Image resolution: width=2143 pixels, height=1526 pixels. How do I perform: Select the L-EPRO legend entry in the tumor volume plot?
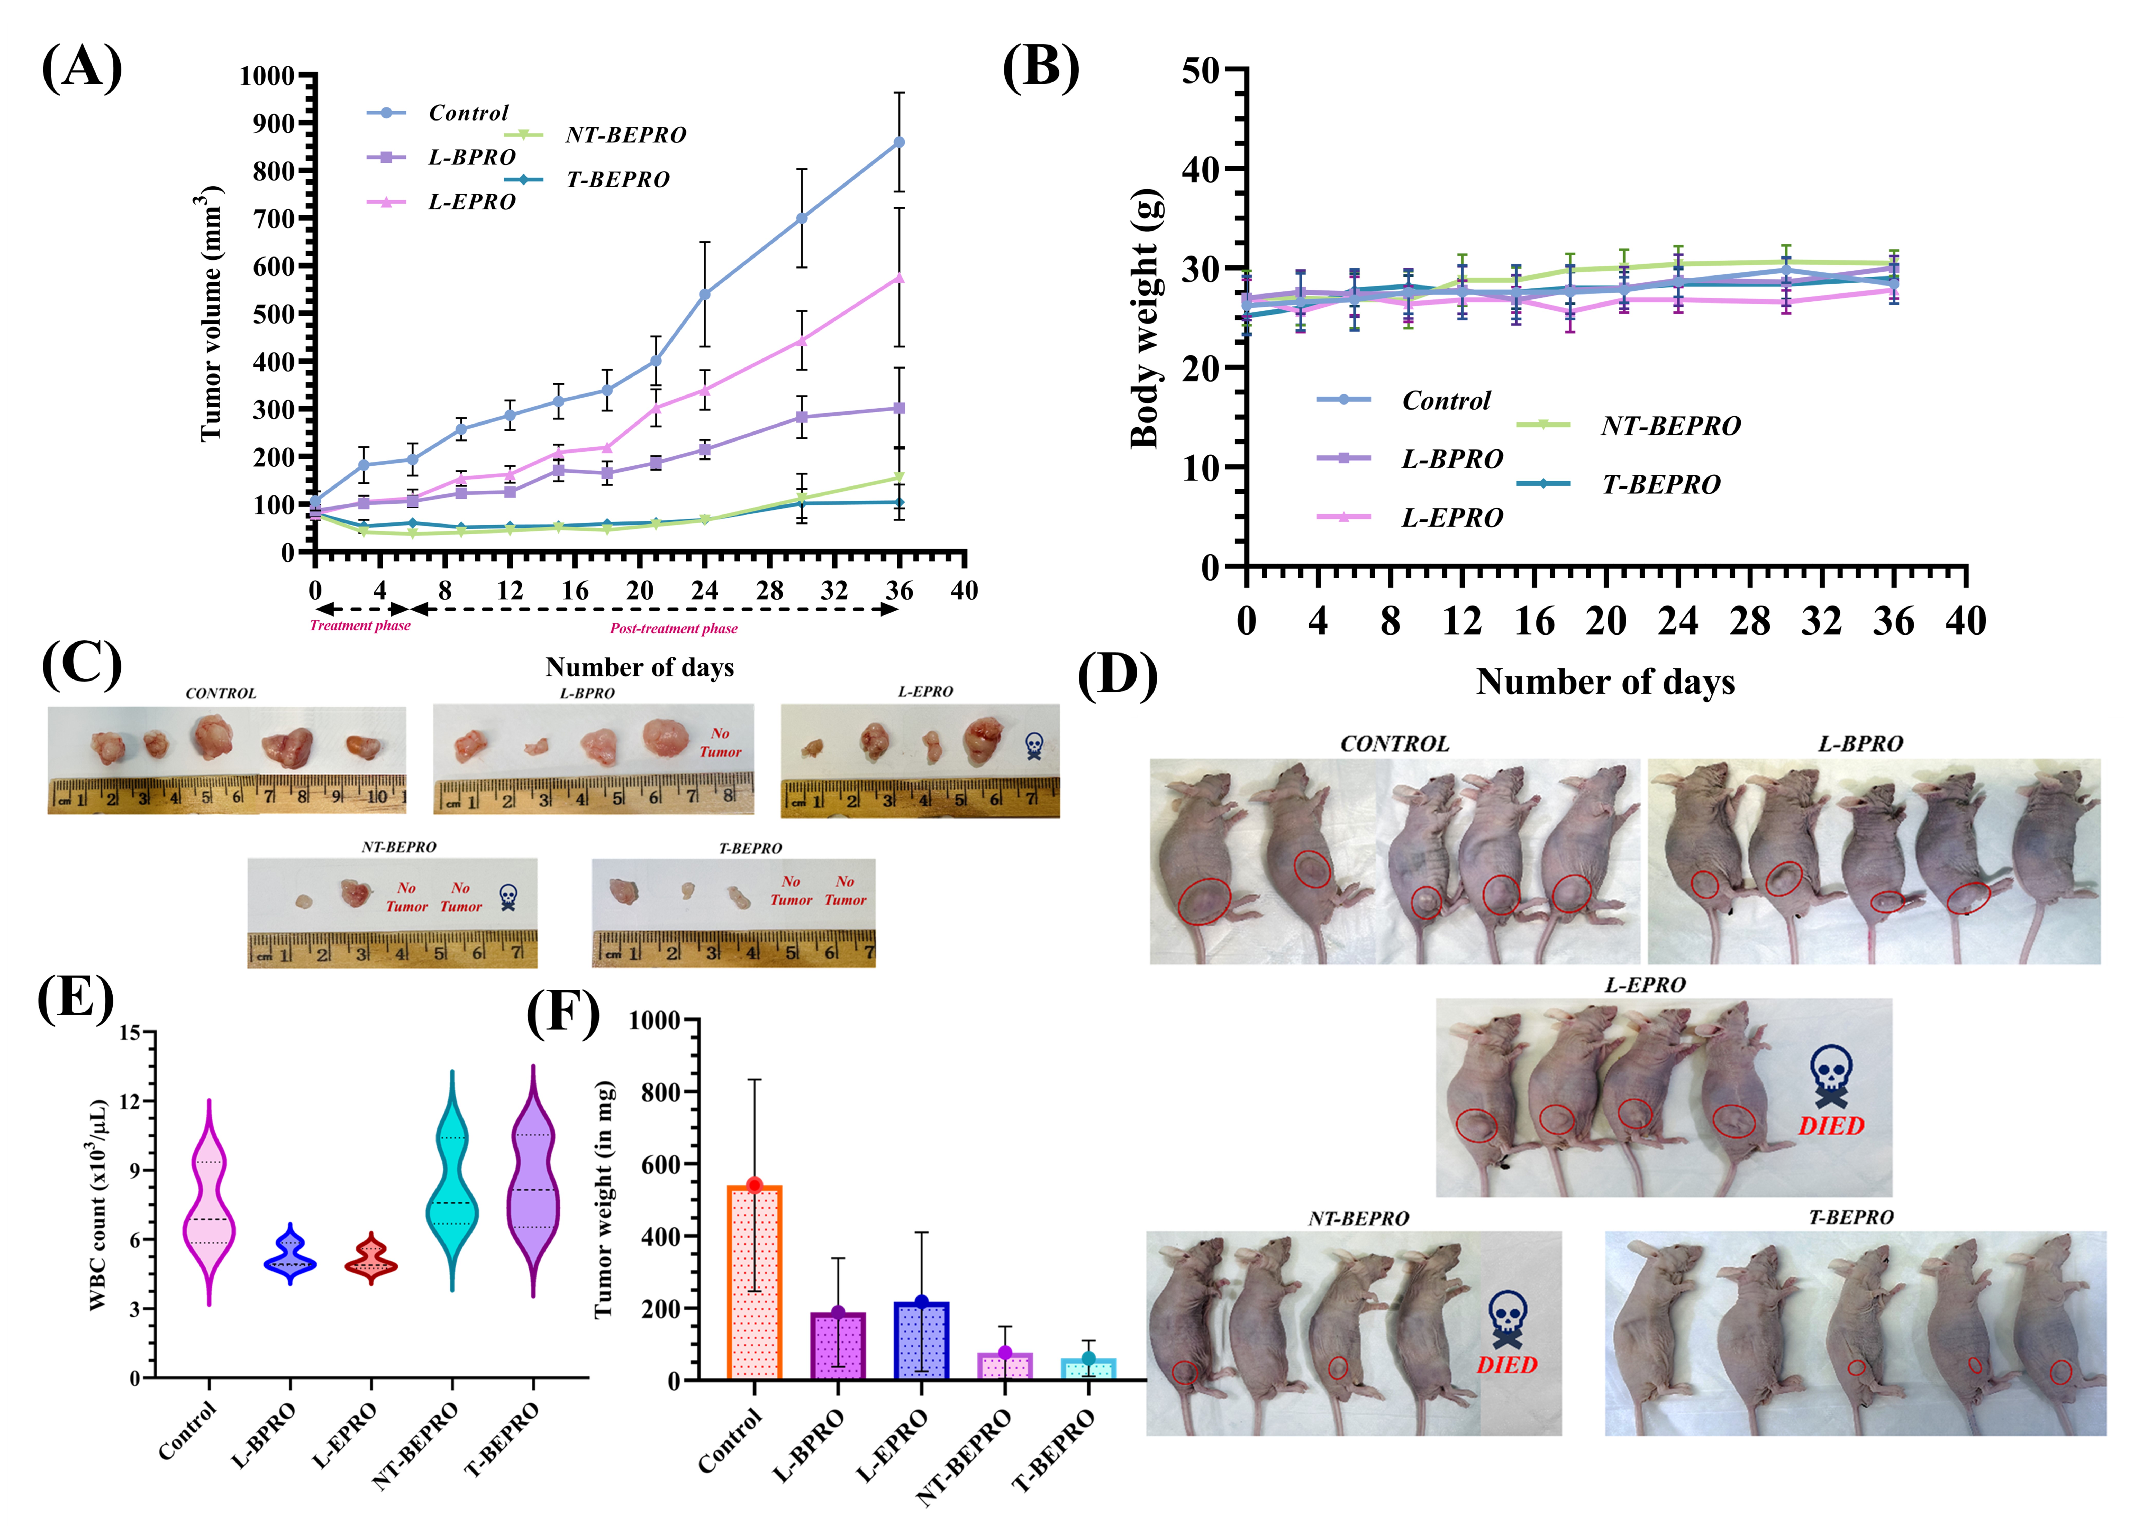pyautogui.click(x=442, y=202)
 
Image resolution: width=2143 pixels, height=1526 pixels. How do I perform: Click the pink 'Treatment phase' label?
pyautogui.click(x=360, y=626)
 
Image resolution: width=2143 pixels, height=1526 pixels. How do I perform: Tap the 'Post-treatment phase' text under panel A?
pyautogui.click(x=674, y=629)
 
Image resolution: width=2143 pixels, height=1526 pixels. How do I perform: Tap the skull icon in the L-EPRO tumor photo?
pyautogui.click(x=1034, y=746)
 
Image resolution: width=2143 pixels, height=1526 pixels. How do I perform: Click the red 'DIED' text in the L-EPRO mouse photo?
pyautogui.click(x=1831, y=1126)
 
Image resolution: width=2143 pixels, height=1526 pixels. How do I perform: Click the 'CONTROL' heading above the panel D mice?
pyautogui.click(x=1395, y=744)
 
